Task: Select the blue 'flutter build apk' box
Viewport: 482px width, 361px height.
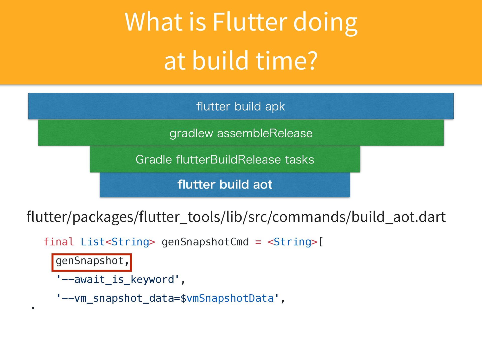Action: [241, 106]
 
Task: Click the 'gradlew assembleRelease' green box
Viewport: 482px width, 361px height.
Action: [241, 133]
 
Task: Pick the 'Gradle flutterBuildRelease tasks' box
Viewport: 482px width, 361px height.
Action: [225, 159]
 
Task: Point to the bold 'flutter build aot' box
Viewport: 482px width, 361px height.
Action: [225, 185]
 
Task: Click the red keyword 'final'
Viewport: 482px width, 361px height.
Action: [59, 242]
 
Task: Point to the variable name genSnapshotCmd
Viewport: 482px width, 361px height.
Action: [205, 242]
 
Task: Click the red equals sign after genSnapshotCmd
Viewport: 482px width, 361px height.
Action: [258, 242]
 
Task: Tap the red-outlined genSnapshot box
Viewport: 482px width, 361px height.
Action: [92, 262]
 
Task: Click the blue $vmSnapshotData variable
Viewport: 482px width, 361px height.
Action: [227, 298]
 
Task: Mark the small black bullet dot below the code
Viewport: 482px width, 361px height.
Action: [33, 308]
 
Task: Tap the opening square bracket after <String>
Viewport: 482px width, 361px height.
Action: [321, 242]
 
